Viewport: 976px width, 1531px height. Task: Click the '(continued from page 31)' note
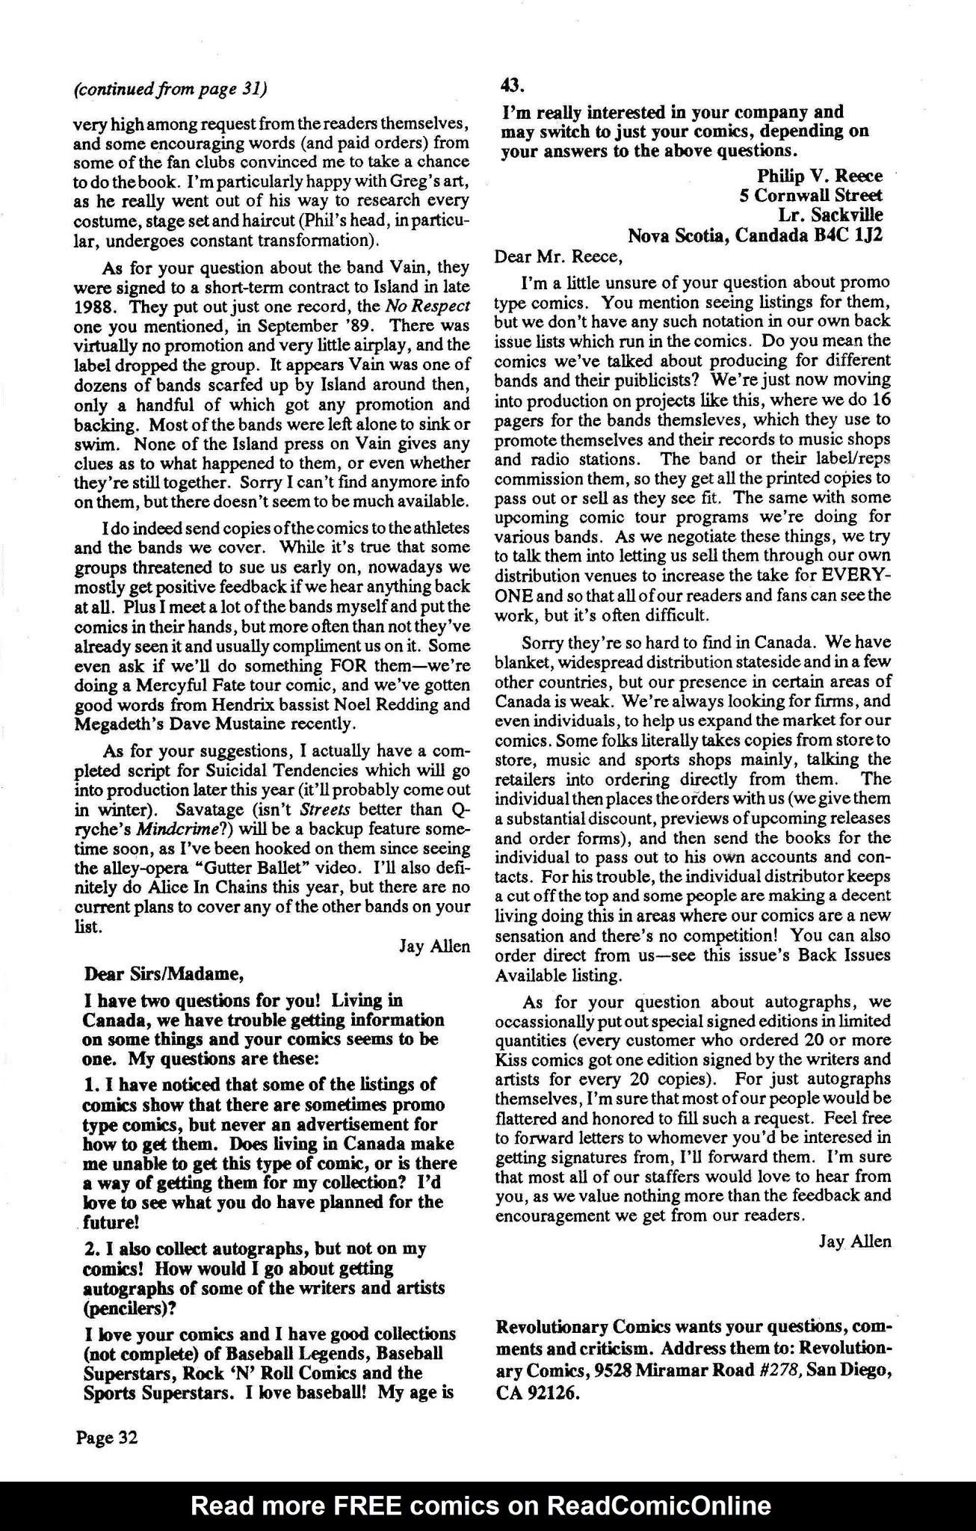[x=170, y=89]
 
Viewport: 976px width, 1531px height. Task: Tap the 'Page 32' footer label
[x=105, y=1437]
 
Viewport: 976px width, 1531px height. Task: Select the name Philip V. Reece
[x=820, y=176]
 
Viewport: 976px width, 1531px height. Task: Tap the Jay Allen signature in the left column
[x=434, y=946]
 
